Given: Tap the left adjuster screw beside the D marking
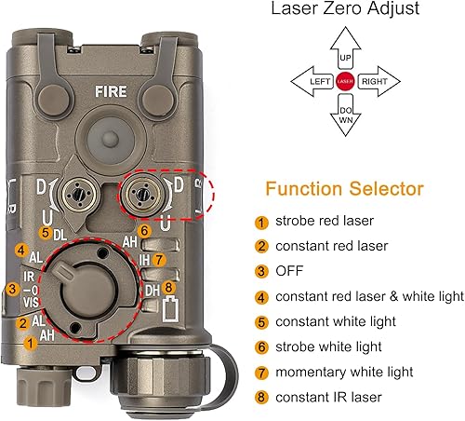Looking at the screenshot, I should pos(75,194).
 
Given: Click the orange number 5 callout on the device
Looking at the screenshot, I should pos(46,232).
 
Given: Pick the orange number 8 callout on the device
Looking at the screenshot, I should pos(168,288).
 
